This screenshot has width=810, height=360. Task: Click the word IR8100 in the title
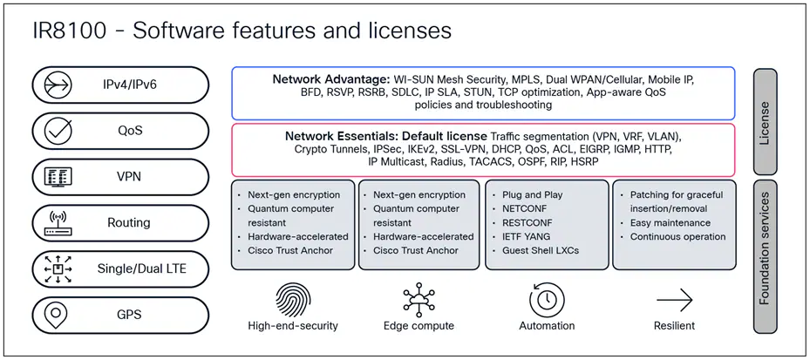click(69, 31)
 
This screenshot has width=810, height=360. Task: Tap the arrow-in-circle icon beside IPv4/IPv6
click(58, 85)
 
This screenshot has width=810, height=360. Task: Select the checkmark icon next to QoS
click(58, 130)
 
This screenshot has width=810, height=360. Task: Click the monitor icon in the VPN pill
click(58, 177)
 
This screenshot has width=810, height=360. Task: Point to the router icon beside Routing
click(58, 222)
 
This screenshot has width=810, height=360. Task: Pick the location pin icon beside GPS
click(56, 315)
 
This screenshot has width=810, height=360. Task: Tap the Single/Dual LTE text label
click(141, 268)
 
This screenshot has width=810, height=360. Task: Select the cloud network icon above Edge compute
click(419, 300)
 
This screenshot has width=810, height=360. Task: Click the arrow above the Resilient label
click(674, 300)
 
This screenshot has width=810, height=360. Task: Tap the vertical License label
click(765, 122)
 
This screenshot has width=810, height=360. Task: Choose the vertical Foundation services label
click(765, 255)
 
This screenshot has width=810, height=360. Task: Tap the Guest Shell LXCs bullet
click(541, 250)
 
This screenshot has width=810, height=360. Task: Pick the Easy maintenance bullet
click(670, 223)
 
